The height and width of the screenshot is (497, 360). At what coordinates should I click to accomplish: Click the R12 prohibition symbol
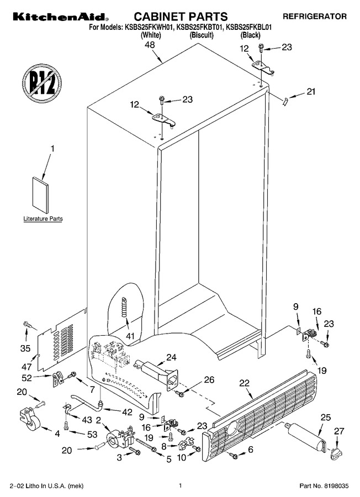(x=42, y=84)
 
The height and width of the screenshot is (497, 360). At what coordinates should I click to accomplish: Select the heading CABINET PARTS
(x=181, y=16)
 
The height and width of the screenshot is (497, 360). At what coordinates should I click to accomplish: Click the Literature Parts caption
(x=43, y=219)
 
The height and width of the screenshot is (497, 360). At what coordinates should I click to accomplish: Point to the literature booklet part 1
(x=40, y=195)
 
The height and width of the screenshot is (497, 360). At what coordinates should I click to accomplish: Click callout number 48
(x=150, y=45)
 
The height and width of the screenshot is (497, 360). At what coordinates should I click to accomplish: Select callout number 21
(x=311, y=92)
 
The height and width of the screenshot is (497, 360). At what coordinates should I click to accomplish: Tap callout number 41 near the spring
(x=130, y=336)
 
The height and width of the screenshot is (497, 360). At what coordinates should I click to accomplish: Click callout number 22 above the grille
(x=245, y=383)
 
